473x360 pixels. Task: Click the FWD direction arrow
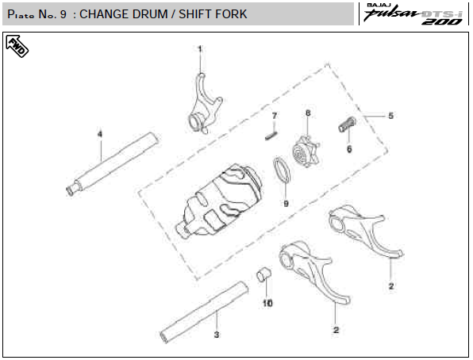(17, 46)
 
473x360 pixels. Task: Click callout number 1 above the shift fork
(200, 49)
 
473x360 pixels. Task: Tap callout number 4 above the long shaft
(100, 134)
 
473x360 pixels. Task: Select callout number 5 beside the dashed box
(390, 116)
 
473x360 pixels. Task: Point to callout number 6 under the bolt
(349, 149)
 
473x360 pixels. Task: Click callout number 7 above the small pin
(275, 116)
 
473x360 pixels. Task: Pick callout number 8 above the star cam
(308, 113)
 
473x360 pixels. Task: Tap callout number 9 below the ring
(286, 204)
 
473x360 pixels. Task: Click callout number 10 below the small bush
(267, 303)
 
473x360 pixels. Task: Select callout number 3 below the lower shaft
(217, 335)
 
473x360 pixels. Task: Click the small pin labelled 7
(271, 135)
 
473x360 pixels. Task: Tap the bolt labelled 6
(347, 124)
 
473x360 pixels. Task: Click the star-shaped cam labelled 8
(306, 151)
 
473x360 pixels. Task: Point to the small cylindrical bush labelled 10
(263, 274)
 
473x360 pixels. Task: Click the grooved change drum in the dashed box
(220, 201)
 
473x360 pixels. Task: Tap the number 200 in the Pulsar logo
(442, 21)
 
